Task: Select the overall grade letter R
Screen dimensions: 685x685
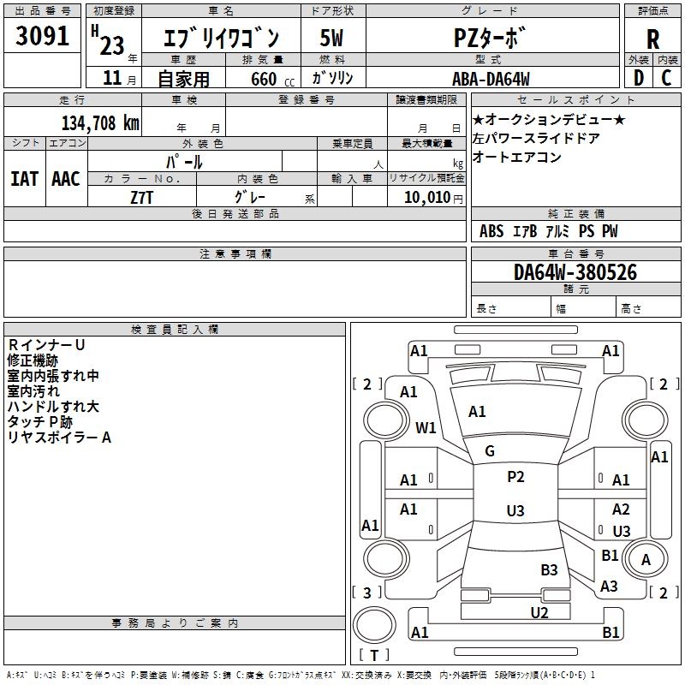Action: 652,39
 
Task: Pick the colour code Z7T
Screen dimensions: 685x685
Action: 142,197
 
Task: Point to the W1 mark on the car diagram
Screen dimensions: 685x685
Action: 426,427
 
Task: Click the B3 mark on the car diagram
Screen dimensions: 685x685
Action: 549,569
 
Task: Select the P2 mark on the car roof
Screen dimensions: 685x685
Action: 515,477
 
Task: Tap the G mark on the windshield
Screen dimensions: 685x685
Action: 490,451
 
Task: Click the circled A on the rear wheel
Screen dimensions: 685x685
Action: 646,560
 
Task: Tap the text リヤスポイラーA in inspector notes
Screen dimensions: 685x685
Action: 59,438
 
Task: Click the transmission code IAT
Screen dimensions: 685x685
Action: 24,178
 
